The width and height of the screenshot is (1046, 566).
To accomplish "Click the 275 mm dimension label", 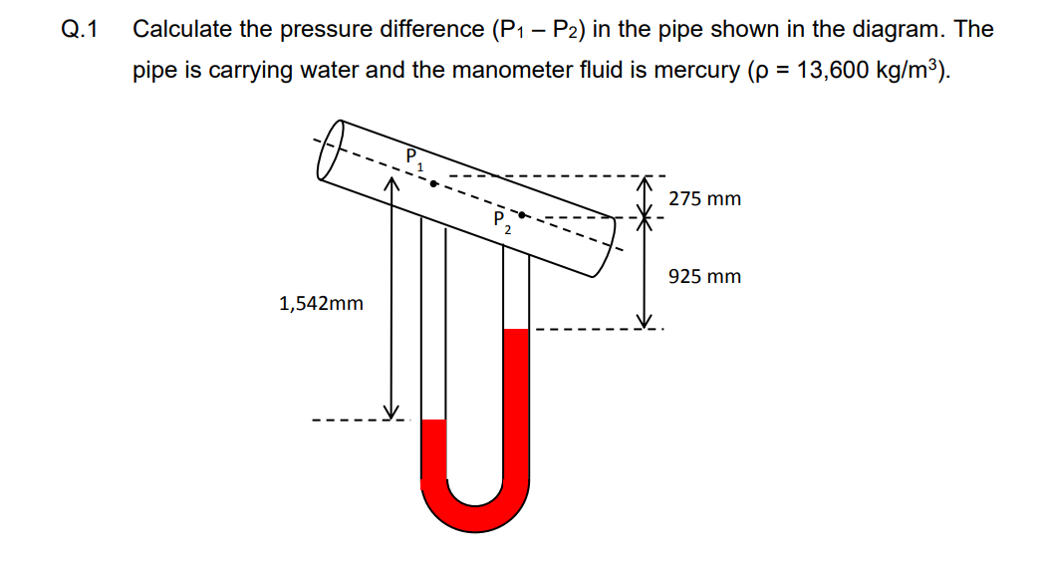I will pyautogui.click(x=704, y=198).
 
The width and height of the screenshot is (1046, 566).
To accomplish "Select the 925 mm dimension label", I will pyautogui.click(x=704, y=276).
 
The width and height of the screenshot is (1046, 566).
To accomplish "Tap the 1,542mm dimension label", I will pyautogui.click(x=321, y=303).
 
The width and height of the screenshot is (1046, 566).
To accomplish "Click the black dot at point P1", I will pyautogui.click(x=432, y=183).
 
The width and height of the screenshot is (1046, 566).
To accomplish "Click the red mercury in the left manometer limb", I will pyautogui.click(x=433, y=453).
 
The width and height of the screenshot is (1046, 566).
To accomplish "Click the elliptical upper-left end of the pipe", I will pyautogui.click(x=331, y=149).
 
